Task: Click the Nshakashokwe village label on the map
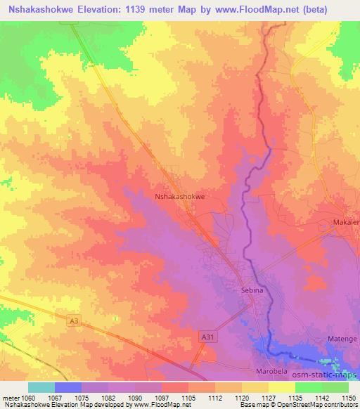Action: (x=179, y=197)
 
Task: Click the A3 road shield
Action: (x=74, y=321)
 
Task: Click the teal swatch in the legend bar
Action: (x=41, y=387)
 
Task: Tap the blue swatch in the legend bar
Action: (x=68, y=387)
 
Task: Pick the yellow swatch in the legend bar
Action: (x=281, y=387)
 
